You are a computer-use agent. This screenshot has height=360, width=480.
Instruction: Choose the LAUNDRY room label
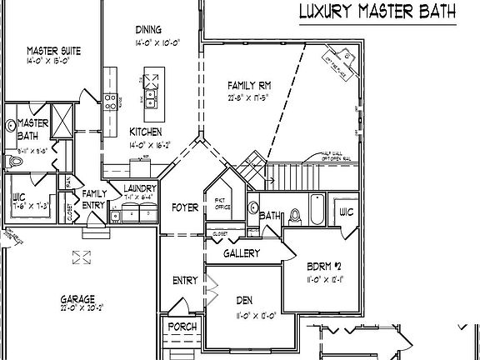[139, 188]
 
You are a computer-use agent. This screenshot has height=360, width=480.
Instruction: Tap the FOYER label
[184, 207]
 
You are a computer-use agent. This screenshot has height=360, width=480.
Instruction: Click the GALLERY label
[242, 253]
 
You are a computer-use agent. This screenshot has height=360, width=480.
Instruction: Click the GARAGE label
[77, 298]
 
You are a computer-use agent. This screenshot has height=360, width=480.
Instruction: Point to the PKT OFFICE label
[222, 203]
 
